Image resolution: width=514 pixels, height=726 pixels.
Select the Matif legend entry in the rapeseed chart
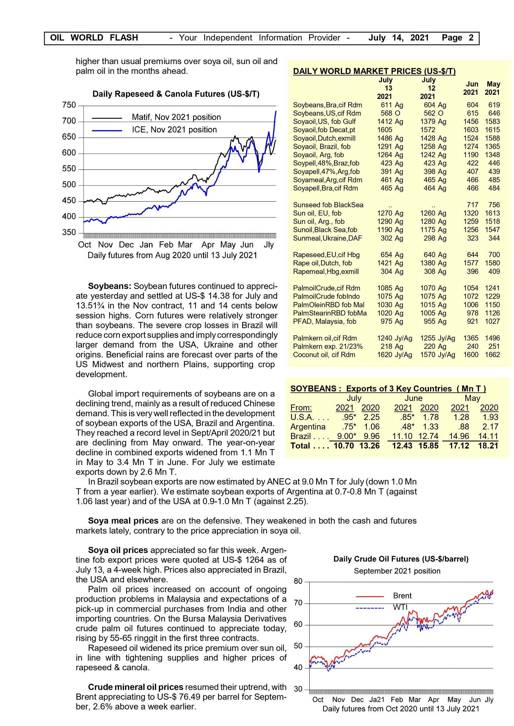click(x=176, y=117)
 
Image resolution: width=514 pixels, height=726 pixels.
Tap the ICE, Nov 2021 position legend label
click(x=174, y=130)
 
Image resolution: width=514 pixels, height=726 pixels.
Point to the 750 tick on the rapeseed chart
click(x=69, y=105)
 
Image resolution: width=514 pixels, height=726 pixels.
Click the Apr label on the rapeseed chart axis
click(x=208, y=245)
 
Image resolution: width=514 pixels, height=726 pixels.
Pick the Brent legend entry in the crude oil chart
click(x=402, y=596)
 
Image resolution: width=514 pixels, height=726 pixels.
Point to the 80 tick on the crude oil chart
click(x=298, y=581)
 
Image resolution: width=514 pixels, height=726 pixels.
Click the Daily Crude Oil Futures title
click(x=401, y=559)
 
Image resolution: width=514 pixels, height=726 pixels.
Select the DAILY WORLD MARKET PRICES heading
click(x=374, y=71)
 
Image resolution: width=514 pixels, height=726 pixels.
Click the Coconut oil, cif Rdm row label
click(x=324, y=355)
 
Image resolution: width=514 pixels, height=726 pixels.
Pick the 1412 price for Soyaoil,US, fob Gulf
click(x=384, y=121)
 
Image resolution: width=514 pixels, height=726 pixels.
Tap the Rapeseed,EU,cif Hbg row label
click(x=326, y=255)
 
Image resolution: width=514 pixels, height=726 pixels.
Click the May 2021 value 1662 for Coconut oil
click(x=492, y=355)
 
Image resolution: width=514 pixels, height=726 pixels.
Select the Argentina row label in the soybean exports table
click(x=308, y=427)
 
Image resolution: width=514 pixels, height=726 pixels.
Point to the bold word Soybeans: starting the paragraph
click(x=110, y=286)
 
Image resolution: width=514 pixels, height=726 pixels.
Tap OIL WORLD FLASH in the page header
click(x=94, y=38)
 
